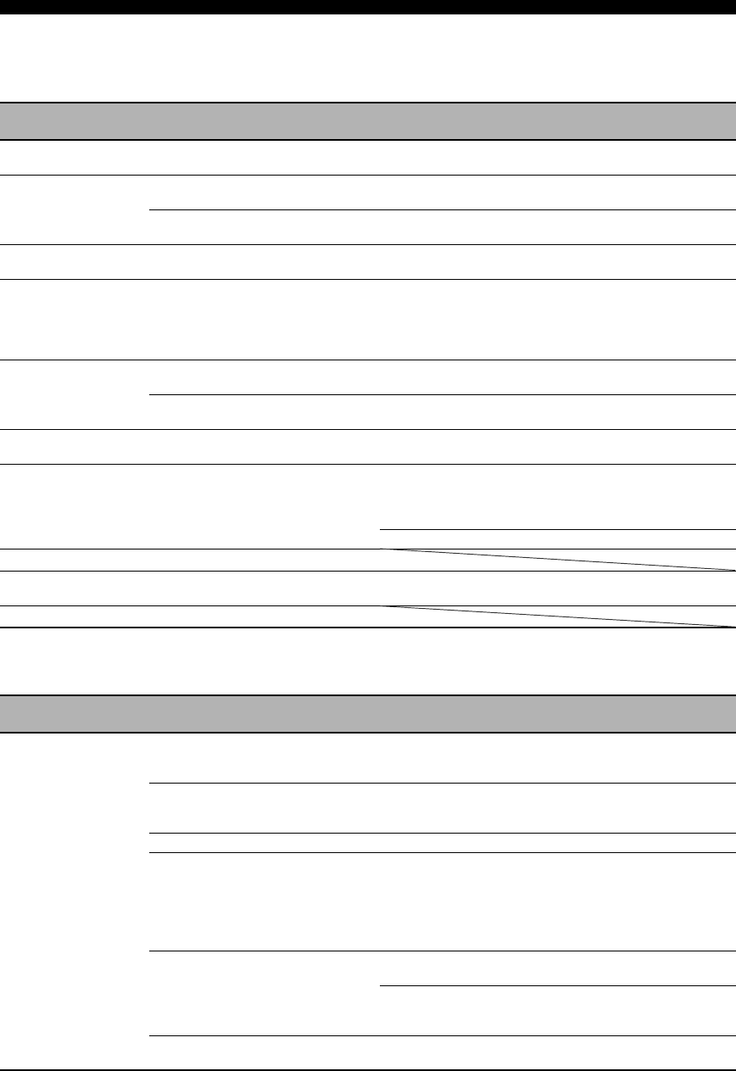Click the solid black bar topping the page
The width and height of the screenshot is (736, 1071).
[368, 7]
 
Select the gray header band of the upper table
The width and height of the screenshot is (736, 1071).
[368, 121]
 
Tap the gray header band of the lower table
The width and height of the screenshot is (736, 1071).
[368, 714]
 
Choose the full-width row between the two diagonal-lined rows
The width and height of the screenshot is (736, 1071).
[368, 588]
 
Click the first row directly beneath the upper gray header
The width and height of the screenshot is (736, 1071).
[368, 157]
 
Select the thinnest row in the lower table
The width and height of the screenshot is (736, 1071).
[441, 842]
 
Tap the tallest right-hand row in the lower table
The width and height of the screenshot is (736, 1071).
[441, 901]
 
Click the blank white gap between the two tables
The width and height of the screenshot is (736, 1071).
[368, 661]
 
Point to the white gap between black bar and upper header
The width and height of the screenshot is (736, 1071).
[368, 58]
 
